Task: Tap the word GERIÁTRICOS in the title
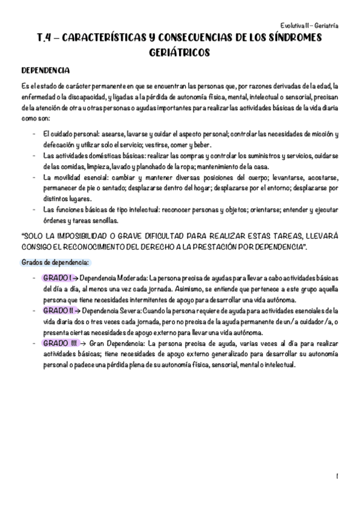click(x=180, y=52)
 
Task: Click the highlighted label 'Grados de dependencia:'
click(x=55, y=263)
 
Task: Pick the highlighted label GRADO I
click(x=57, y=278)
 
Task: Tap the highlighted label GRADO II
click(x=58, y=310)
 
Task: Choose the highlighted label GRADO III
click(x=59, y=343)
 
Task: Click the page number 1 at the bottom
click(x=338, y=476)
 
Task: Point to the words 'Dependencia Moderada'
click(x=114, y=278)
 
